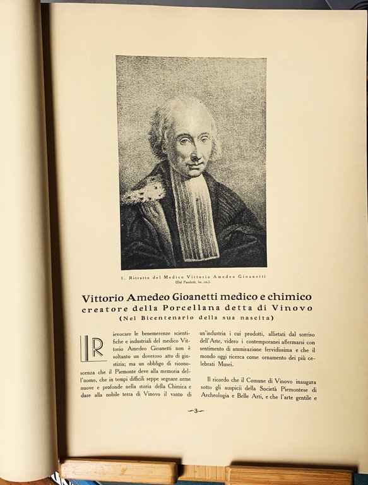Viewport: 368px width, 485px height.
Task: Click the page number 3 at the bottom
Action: [196, 411]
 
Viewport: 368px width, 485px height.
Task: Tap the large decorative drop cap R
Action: [92, 349]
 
